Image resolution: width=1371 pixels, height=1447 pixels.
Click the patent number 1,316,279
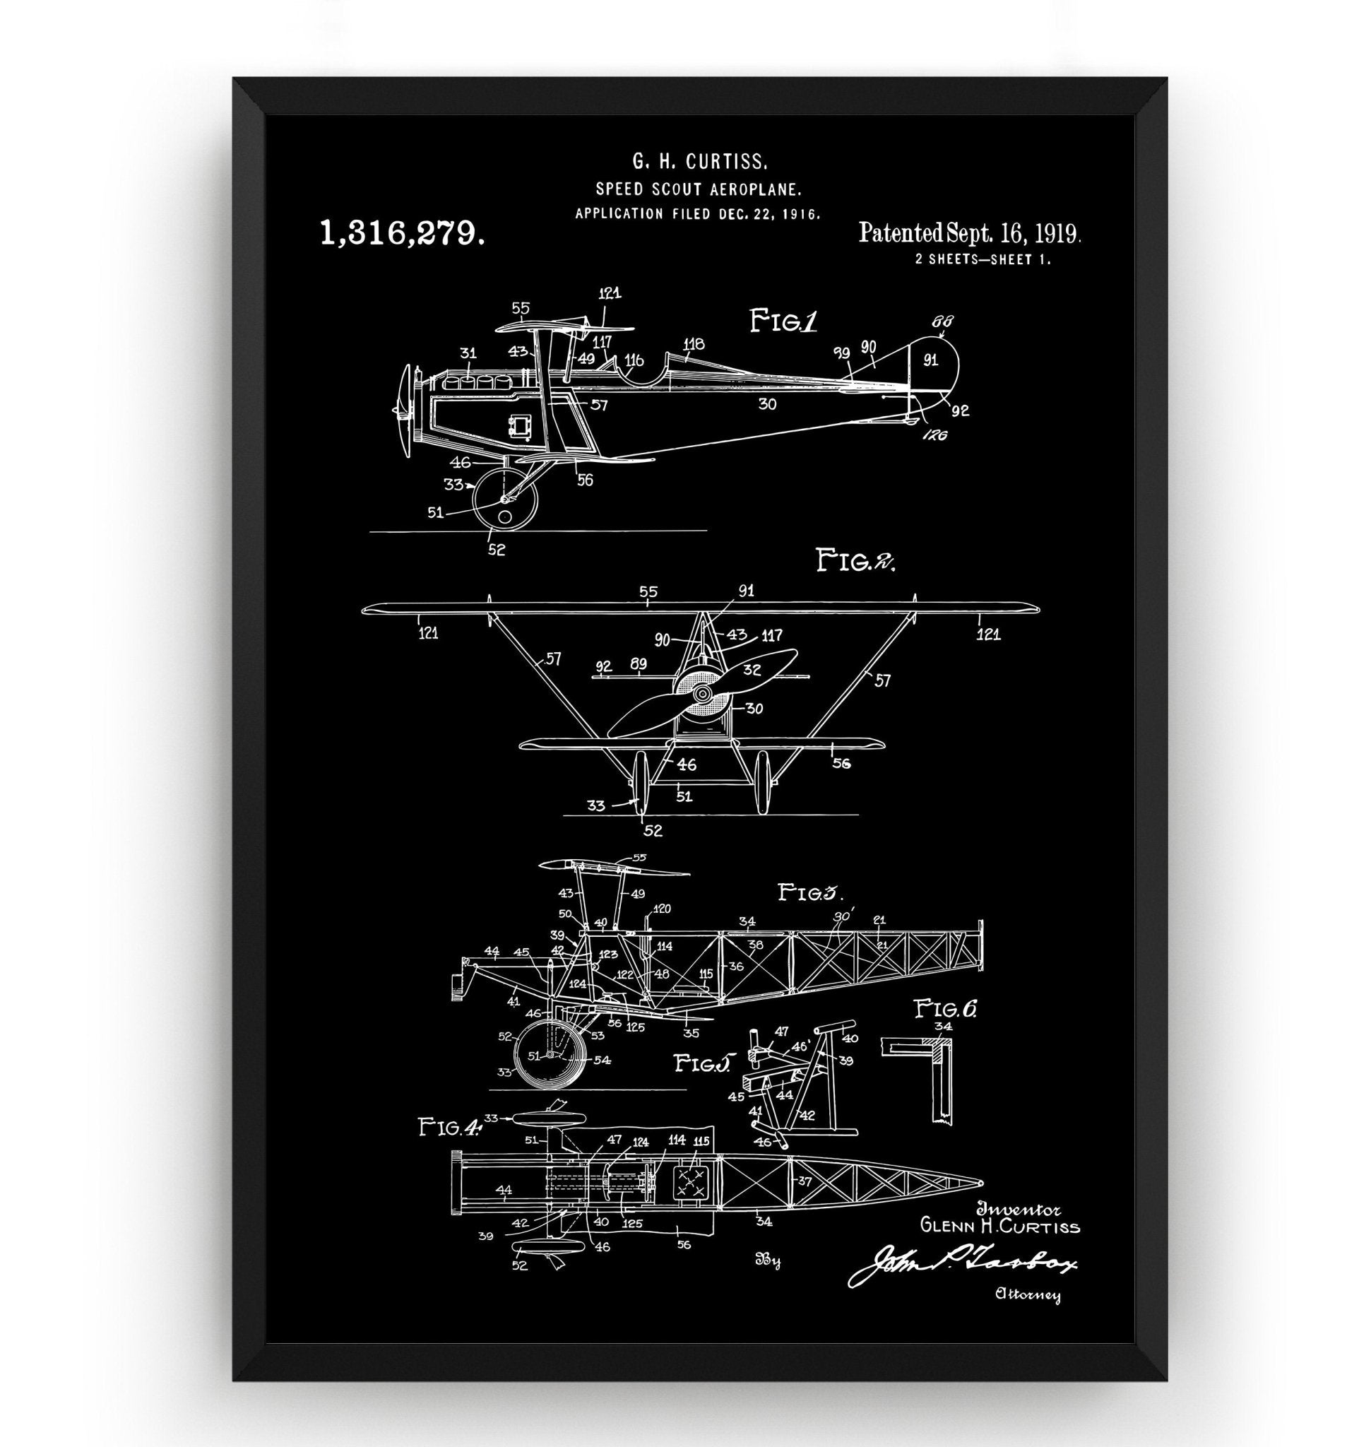click(x=403, y=233)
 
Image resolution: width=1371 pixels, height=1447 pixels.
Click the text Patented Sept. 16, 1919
click(x=970, y=233)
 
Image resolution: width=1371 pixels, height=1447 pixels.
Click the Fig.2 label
click(x=855, y=562)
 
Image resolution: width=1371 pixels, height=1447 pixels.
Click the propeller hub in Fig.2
click(x=702, y=692)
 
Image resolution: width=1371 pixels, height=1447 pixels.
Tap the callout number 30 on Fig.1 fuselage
click(x=766, y=403)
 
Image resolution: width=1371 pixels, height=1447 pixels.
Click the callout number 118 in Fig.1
click(x=694, y=343)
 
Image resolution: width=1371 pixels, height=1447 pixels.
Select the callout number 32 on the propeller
click(x=752, y=668)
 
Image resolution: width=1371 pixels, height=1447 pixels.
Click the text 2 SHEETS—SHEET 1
click(x=983, y=259)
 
